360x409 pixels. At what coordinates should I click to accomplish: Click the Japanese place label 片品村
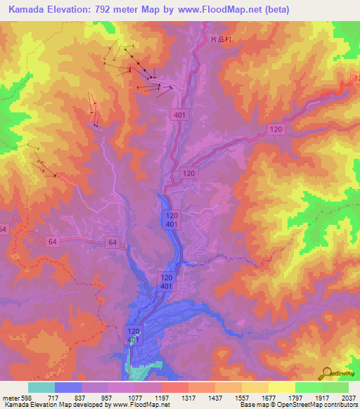(221, 41)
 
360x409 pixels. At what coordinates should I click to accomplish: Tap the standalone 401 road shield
(179, 113)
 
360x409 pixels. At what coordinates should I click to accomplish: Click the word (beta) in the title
(274, 10)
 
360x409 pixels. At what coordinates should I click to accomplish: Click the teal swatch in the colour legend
(41, 388)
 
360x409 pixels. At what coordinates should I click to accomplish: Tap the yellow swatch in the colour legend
(281, 388)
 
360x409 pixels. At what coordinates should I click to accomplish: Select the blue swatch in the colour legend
(68, 388)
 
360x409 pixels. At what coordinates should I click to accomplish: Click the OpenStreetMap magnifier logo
(326, 372)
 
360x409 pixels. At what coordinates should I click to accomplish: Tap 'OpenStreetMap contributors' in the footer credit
(319, 404)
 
